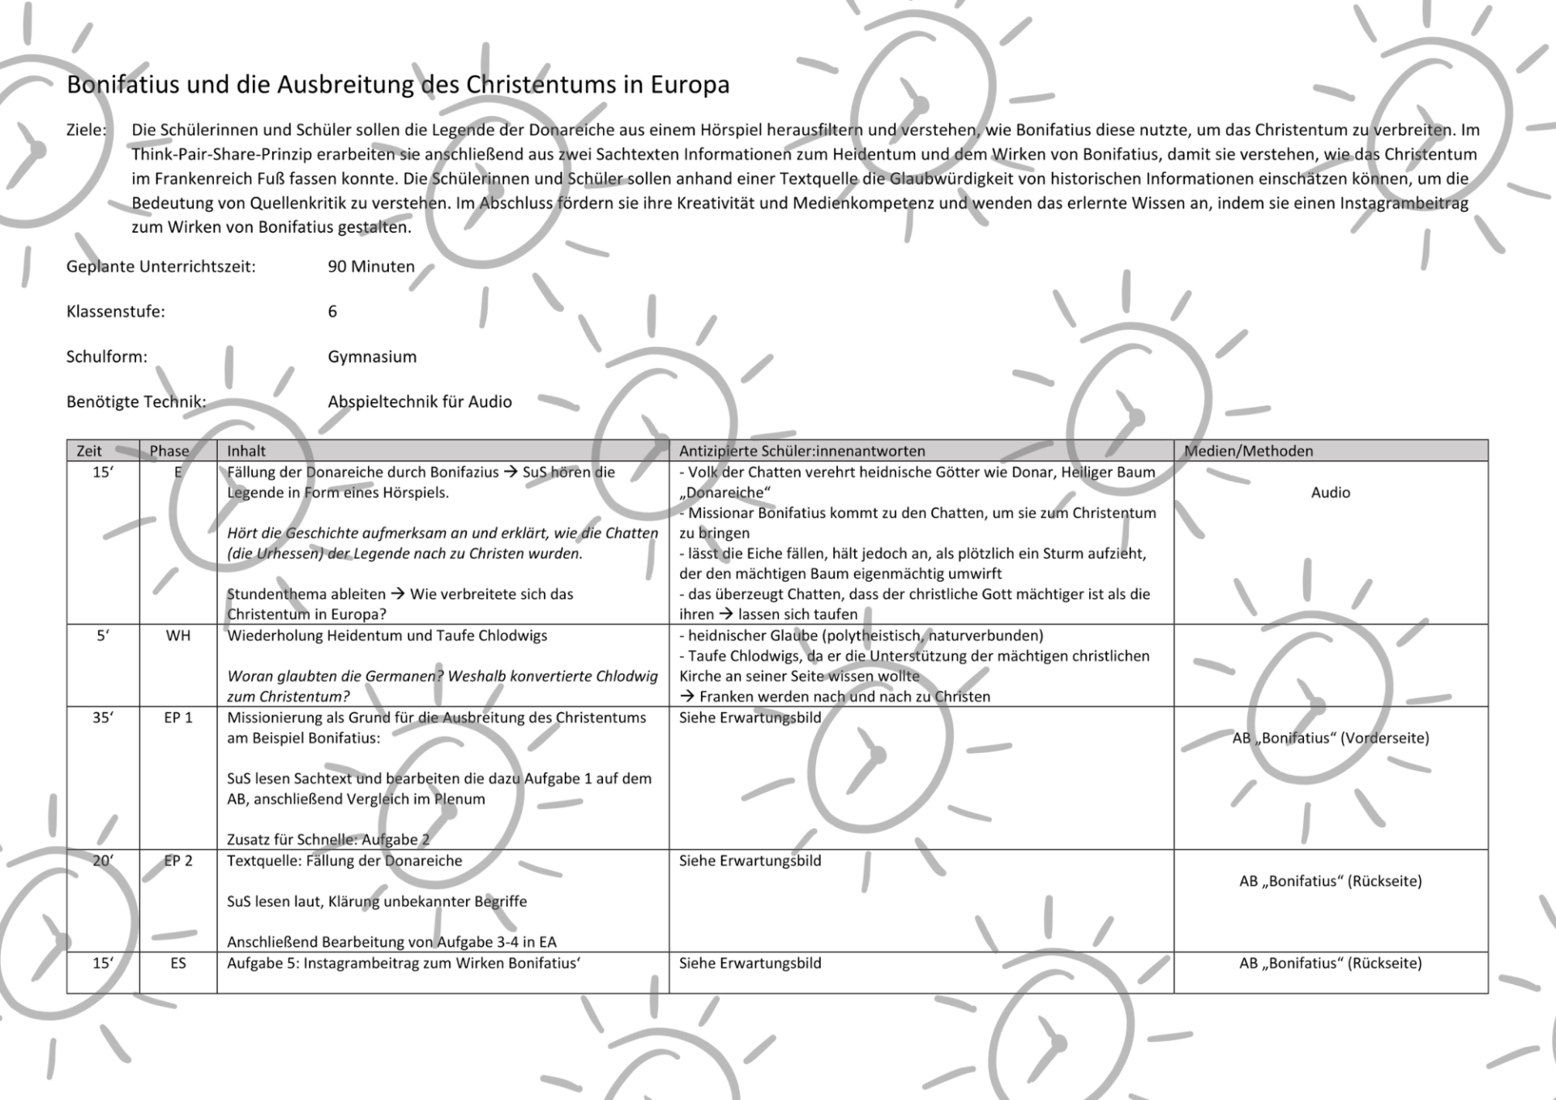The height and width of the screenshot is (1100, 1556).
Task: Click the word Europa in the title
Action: pyautogui.click(x=690, y=84)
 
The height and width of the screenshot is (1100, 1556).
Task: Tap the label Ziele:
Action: pyautogui.click(x=86, y=130)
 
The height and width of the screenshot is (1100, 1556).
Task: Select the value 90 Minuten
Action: pyautogui.click(x=371, y=267)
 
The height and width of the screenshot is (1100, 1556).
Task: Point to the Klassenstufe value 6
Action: pyautogui.click(x=332, y=311)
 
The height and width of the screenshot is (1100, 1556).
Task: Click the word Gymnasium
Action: pyautogui.click(x=372, y=357)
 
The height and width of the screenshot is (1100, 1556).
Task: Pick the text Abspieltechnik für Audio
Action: pyautogui.click(x=420, y=401)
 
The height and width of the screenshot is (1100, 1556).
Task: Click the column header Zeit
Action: pyautogui.click(x=89, y=451)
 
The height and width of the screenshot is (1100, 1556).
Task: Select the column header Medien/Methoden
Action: pyautogui.click(x=1248, y=451)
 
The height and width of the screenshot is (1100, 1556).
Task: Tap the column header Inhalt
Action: pyautogui.click(x=246, y=451)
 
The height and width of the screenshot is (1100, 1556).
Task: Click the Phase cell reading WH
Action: pyautogui.click(x=178, y=636)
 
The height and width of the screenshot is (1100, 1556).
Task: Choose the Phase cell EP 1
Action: pyautogui.click(x=178, y=717)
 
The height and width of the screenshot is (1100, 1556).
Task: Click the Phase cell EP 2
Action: pyautogui.click(x=178, y=861)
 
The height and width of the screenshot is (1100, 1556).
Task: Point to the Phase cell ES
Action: pyautogui.click(x=178, y=963)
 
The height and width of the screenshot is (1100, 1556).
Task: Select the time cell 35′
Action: pyautogui.click(x=103, y=717)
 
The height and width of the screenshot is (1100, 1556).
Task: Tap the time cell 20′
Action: pyautogui.click(x=103, y=861)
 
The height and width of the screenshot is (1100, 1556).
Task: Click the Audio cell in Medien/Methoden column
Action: pyautogui.click(x=1330, y=492)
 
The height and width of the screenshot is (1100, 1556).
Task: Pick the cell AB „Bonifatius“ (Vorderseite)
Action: pyautogui.click(x=1330, y=738)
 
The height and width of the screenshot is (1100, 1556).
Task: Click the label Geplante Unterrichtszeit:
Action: pyautogui.click(x=160, y=267)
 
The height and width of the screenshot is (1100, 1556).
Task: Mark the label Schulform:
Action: pyautogui.click(x=107, y=357)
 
